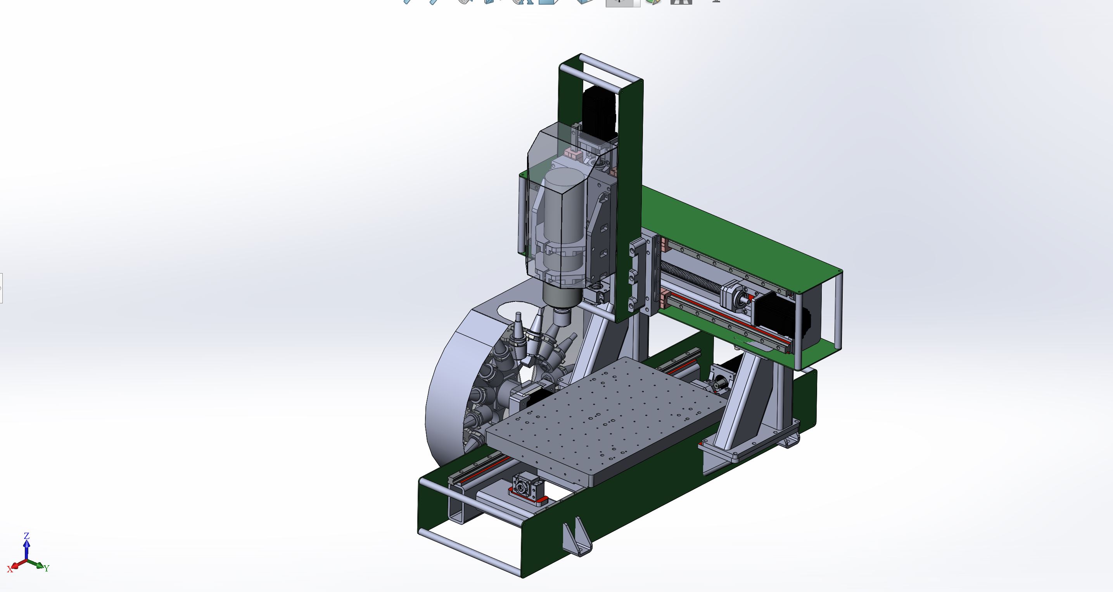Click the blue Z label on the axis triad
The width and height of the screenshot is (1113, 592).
(x=26, y=536)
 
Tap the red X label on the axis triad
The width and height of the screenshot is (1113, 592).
(x=10, y=570)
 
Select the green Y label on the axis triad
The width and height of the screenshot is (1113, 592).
(x=46, y=568)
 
